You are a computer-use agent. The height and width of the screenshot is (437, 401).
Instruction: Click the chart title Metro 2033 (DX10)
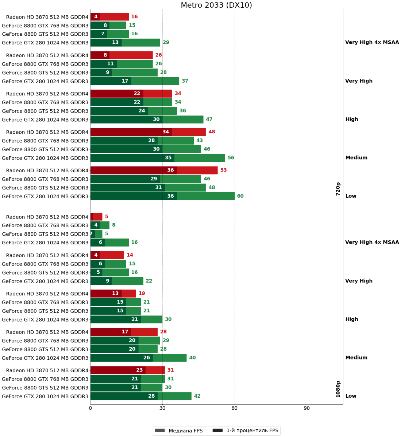216,5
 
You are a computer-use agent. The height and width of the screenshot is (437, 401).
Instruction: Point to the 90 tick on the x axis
306,408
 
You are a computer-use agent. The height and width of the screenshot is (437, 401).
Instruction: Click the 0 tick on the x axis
90,408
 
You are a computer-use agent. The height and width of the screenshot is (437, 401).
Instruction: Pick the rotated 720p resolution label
338,189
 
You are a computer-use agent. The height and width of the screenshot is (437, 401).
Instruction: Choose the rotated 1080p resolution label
338,389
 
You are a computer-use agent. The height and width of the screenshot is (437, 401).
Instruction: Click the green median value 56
231,158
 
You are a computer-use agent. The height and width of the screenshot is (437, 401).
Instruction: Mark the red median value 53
223,170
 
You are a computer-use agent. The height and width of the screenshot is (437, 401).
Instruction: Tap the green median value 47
209,119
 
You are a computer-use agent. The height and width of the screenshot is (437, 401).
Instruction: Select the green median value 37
185,81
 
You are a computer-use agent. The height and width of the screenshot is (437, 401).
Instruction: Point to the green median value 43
200,141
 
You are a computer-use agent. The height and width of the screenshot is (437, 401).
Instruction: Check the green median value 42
197,396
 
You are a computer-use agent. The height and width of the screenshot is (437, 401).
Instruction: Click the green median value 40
192,358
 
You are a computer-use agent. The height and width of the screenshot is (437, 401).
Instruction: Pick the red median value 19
142,294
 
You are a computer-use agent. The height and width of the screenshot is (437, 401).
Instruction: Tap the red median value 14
130,255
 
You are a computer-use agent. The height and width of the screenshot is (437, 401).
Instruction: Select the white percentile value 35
168,158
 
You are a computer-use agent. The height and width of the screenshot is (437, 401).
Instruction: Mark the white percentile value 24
142,111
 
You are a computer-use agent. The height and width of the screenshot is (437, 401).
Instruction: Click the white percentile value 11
110,64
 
